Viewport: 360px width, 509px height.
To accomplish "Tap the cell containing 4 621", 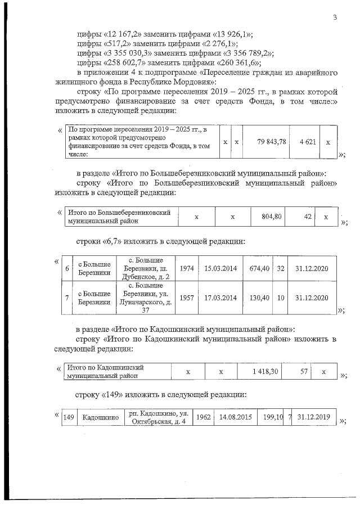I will [x=306, y=141].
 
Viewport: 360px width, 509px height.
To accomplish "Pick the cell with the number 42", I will [x=307, y=217].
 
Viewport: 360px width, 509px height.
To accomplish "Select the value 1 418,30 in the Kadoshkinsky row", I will [x=262, y=372].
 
